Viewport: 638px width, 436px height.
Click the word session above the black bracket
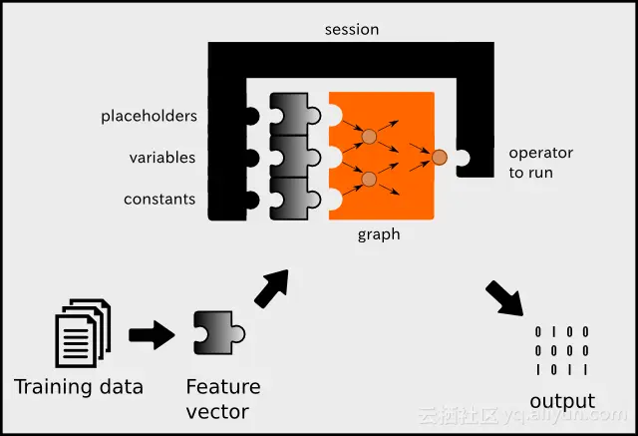coord(352,30)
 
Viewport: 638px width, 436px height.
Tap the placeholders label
coord(149,117)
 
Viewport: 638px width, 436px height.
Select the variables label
coord(162,158)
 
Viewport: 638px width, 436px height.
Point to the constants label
coord(159,200)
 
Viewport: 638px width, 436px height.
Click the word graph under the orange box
coord(379,234)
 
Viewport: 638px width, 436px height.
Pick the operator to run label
coord(540,163)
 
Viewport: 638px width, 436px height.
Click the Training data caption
coord(79,387)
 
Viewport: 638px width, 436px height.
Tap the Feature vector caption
coord(223,399)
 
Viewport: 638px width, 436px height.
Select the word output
coord(562,401)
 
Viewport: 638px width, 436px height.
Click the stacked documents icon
coord(83,333)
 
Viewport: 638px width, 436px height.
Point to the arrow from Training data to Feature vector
coord(152,335)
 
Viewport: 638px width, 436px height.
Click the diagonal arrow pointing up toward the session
coord(272,287)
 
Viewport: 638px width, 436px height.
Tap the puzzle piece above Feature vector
coord(219,333)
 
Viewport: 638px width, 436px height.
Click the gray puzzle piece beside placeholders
coord(295,115)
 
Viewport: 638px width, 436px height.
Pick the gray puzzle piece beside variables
coord(295,157)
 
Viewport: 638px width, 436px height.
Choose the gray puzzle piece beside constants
coord(295,199)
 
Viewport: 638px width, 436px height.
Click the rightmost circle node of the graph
coord(440,157)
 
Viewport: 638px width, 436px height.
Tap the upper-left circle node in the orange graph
coord(370,136)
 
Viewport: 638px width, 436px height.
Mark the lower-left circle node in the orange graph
coord(369,179)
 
